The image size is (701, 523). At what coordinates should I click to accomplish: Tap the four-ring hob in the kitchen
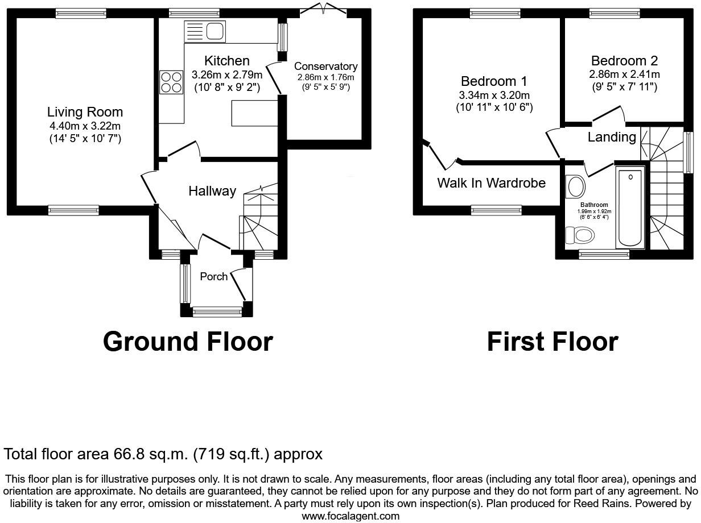[x=171, y=81]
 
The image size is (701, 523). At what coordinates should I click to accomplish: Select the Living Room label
[x=85, y=112]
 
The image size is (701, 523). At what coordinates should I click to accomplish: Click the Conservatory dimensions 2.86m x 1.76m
[x=325, y=77]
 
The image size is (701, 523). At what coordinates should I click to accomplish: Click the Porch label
[x=213, y=277]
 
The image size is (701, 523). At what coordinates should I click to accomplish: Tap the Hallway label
[x=212, y=191]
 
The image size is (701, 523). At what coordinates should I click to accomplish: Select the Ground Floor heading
[x=188, y=342]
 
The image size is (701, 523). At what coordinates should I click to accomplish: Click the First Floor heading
[x=552, y=342]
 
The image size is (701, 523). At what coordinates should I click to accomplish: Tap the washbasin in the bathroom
[x=576, y=185]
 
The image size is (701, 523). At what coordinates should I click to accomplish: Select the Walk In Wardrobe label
[x=491, y=183]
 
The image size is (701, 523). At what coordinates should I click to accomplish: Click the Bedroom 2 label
[x=619, y=61]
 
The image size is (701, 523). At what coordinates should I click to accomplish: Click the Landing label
[x=612, y=137]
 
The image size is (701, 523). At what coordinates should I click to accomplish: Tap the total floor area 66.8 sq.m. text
[x=163, y=454]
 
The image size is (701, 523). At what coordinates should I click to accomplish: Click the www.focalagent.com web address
[x=350, y=516]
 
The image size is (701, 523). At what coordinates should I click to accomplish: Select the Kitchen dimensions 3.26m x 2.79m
[x=227, y=74]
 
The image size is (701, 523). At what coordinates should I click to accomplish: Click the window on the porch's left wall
[x=184, y=284]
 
